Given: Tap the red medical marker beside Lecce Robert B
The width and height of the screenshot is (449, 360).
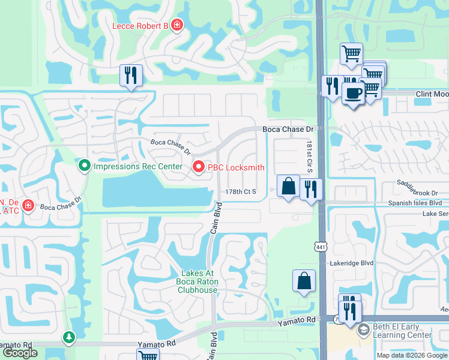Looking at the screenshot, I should [x=177, y=25].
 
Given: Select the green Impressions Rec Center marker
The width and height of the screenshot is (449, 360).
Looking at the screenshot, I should [x=85, y=164].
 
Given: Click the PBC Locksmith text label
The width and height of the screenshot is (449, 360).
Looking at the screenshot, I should [x=236, y=167].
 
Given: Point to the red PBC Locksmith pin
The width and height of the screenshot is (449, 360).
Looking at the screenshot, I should [x=198, y=167].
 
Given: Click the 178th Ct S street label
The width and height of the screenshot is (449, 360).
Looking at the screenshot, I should [x=241, y=192].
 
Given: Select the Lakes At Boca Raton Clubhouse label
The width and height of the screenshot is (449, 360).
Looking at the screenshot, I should [x=197, y=281].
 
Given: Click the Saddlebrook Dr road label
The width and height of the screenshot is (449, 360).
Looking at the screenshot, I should [x=418, y=193].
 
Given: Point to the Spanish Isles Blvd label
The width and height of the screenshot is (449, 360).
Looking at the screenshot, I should [x=414, y=203].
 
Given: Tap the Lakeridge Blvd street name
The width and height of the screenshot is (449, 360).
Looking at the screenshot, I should [x=352, y=263].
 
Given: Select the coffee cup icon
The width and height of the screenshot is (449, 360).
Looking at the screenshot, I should [x=353, y=93].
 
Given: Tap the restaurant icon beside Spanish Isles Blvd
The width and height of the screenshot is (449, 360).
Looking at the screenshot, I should [x=311, y=190].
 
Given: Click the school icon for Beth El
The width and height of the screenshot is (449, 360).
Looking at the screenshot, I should [x=363, y=329].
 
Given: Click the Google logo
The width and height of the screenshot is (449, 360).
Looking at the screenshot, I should [x=20, y=353].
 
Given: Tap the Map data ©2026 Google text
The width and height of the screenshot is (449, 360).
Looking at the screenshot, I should [x=411, y=355].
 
